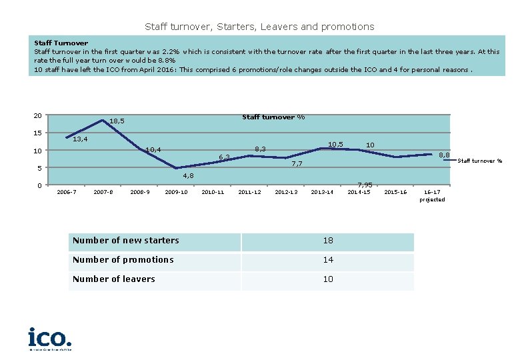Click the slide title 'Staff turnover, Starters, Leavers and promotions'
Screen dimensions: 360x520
[259, 27]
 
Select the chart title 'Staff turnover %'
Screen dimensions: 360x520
[273, 117]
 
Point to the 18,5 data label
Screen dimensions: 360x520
[117, 121]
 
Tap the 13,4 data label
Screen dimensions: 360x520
[81, 139]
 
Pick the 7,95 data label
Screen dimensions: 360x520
[365, 185]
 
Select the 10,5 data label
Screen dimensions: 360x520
[336, 145]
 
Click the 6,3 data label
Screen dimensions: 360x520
[225, 157]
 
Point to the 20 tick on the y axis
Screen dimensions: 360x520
[37, 116]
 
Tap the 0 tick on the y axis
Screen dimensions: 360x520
[39, 185]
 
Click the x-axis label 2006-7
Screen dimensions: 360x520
[67, 193]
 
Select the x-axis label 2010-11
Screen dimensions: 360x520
[213, 193]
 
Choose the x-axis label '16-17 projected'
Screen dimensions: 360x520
[432, 196]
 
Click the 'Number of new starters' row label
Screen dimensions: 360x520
[126, 241]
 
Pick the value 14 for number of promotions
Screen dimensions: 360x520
[328, 260]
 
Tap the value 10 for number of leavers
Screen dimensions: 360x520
[328, 279]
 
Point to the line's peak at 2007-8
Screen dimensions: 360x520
[103, 121]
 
